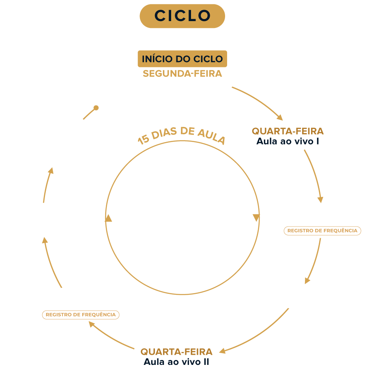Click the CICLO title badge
[x=182, y=16]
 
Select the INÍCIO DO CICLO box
[x=182, y=59]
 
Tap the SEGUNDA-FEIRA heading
[x=182, y=74]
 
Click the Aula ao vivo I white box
[x=288, y=136]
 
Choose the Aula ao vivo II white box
[x=176, y=356]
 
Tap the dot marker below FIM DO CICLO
[x=96, y=108]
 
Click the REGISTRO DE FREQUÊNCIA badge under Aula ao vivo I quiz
[x=322, y=231]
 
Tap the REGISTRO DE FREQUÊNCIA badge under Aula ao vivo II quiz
[x=81, y=315]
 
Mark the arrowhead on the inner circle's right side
[x=256, y=218]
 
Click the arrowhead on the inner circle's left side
[x=108, y=219]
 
